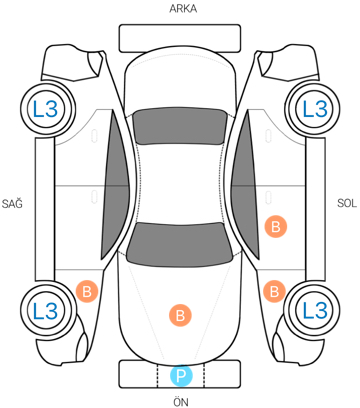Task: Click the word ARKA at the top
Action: (x=183, y=9)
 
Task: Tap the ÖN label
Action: (x=181, y=401)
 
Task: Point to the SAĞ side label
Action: (x=12, y=202)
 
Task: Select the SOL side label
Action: (x=347, y=203)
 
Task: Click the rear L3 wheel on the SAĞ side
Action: (x=46, y=109)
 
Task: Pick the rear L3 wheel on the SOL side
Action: (x=314, y=109)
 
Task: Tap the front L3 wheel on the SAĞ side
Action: (x=46, y=310)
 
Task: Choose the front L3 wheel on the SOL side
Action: (x=314, y=310)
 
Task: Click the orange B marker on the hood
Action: (x=180, y=315)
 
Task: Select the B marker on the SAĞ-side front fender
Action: (x=87, y=291)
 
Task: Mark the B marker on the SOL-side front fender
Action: (x=274, y=291)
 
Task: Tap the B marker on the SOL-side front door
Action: (x=276, y=227)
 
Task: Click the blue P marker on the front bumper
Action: (x=181, y=376)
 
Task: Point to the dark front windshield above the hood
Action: (x=180, y=244)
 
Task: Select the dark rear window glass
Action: (x=179, y=126)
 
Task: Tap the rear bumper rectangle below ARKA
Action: (x=180, y=38)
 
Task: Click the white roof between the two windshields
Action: (x=180, y=183)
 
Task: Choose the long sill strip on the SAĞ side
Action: (x=45, y=209)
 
